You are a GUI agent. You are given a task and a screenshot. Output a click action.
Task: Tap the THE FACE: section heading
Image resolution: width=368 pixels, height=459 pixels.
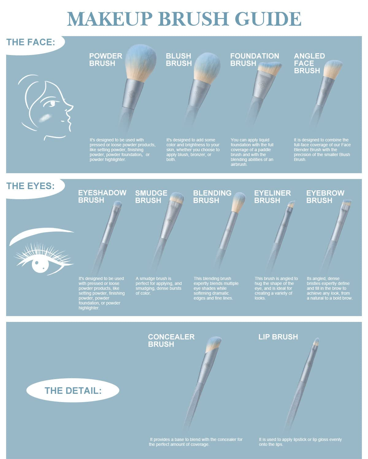pyautogui.click(x=31, y=42)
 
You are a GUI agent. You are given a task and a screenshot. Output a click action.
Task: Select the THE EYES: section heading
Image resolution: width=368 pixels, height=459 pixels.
pyautogui.click(x=31, y=186)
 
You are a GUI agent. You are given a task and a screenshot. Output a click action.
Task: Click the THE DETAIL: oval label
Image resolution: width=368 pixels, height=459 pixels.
pyautogui.click(x=73, y=391)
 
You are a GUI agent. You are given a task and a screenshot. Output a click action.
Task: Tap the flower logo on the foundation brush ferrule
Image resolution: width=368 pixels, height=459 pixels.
pyautogui.click(x=262, y=84)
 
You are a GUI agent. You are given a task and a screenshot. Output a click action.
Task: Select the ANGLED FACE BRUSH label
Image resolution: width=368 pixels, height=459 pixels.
pyautogui.click(x=309, y=63)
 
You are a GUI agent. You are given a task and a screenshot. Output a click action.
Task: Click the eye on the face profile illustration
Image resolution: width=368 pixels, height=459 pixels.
pyautogui.click(x=52, y=104)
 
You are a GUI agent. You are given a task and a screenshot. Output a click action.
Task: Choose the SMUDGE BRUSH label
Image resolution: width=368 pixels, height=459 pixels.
pyautogui.click(x=151, y=197)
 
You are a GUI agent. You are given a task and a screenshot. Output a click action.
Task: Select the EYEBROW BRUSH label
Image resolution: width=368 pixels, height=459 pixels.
pyautogui.click(x=325, y=197)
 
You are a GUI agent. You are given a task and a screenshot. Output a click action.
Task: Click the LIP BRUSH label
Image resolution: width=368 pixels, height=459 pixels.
pyautogui.click(x=278, y=337)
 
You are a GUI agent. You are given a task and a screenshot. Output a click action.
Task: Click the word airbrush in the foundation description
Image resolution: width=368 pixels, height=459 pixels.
pyautogui.click(x=239, y=164)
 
